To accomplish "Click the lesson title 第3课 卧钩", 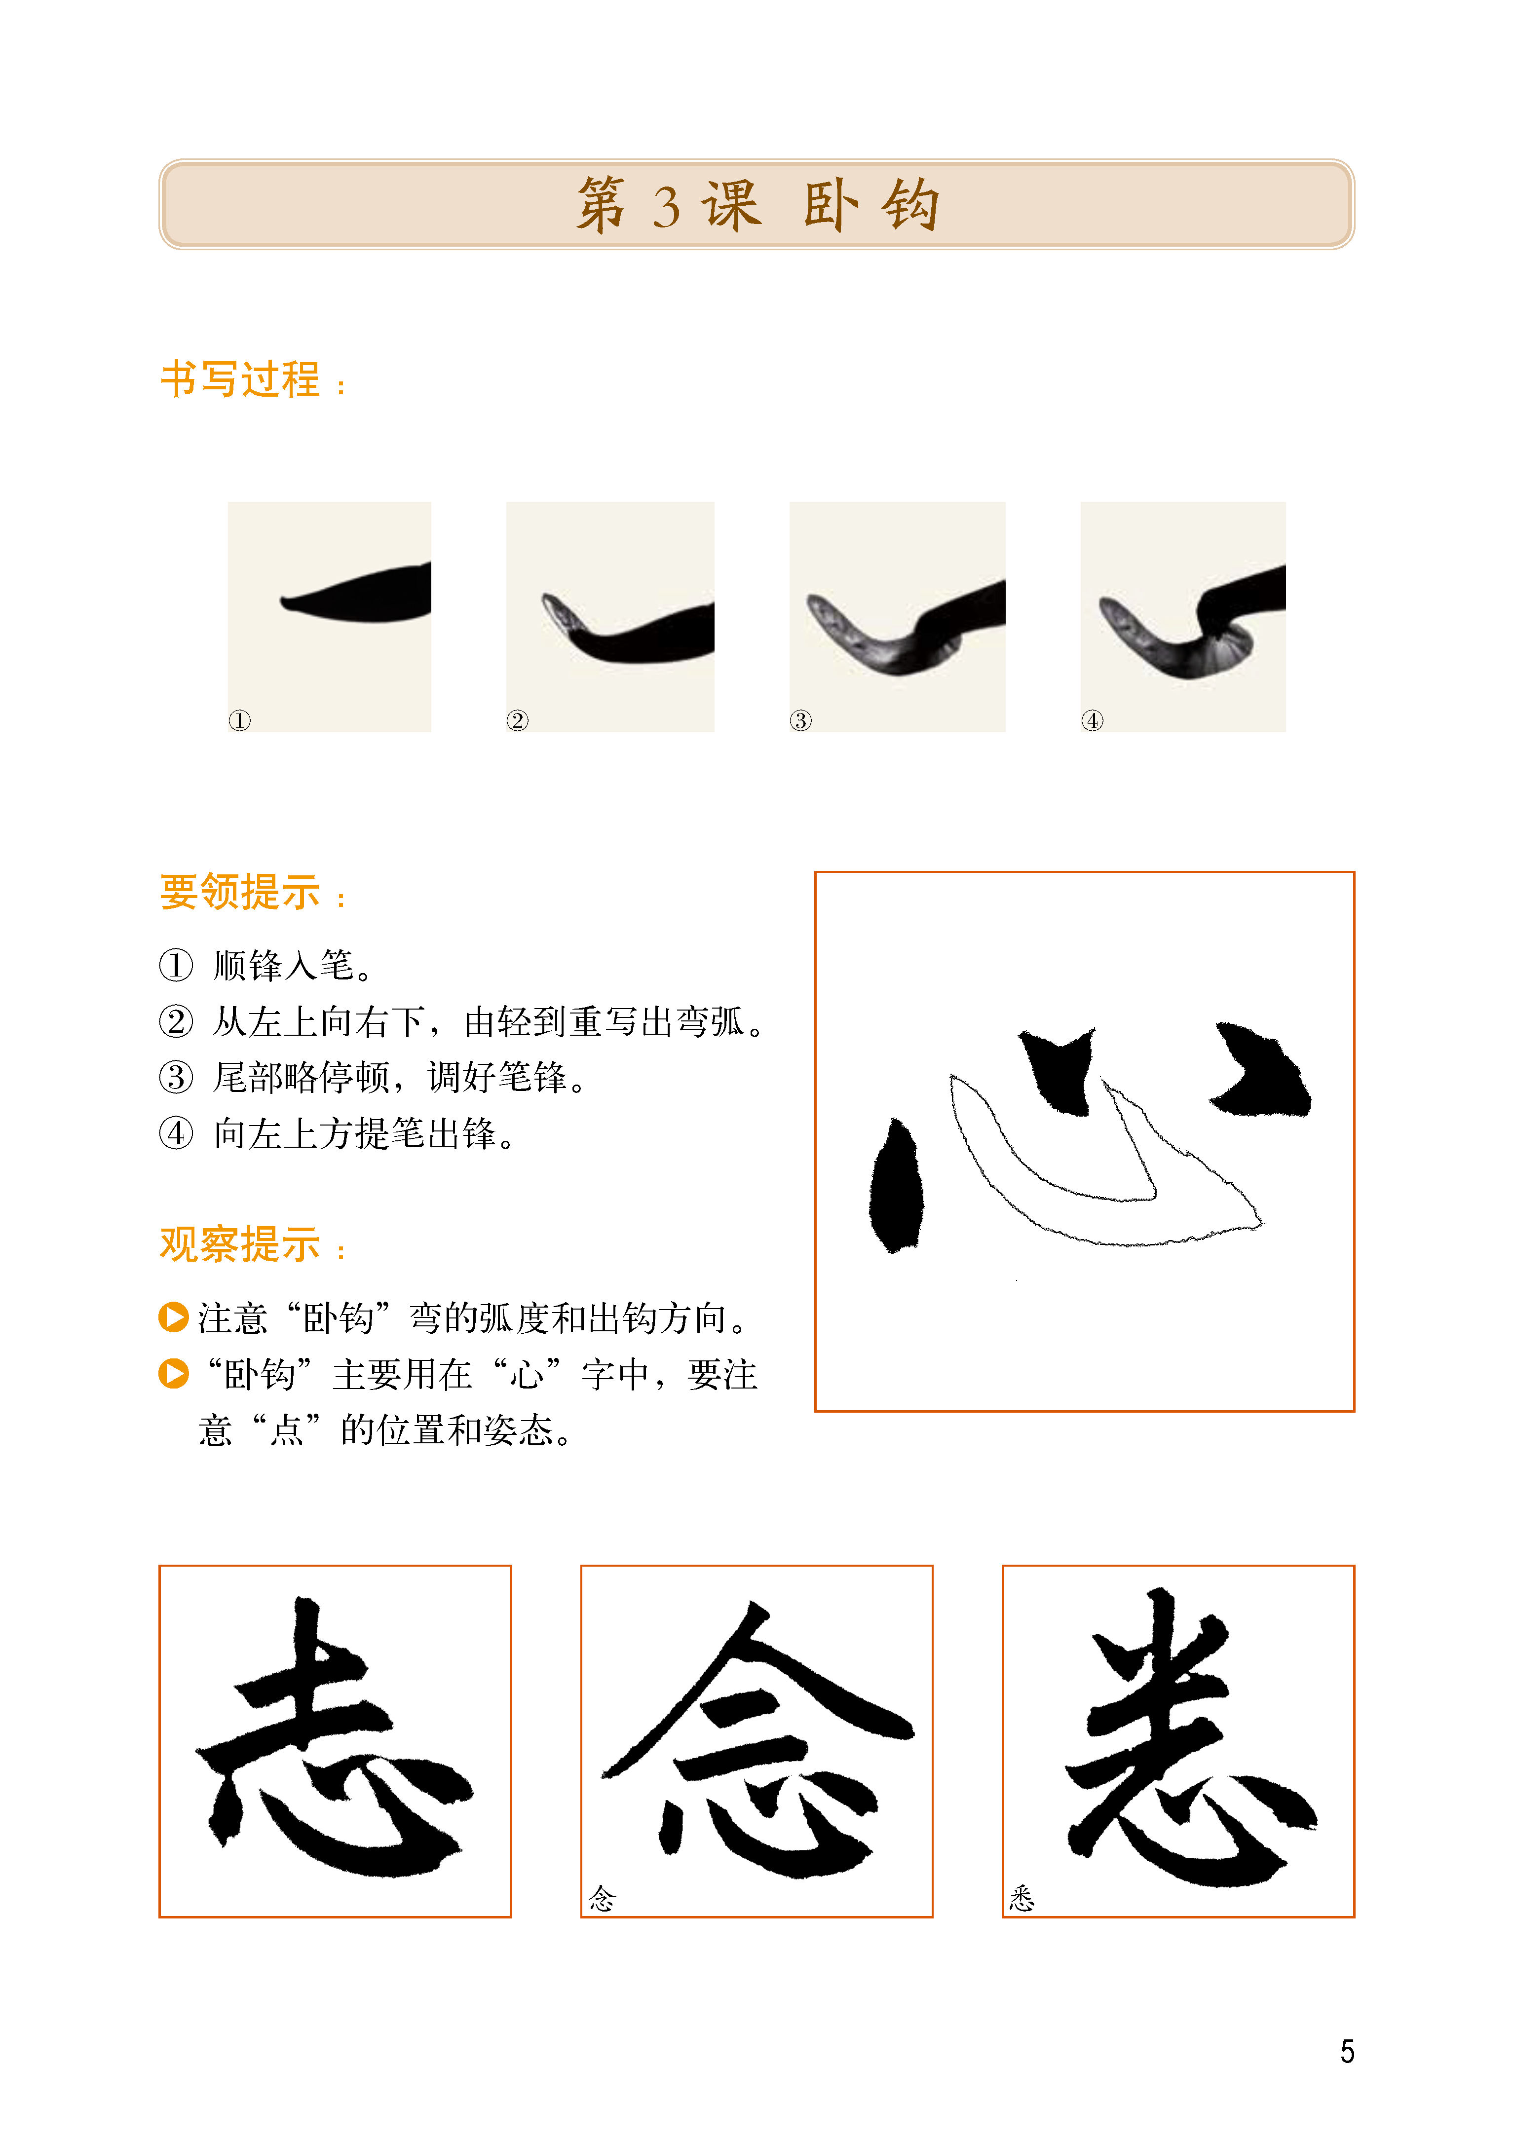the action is (757, 204).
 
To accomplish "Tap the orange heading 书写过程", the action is (241, 379).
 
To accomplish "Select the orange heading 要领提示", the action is (241, 893).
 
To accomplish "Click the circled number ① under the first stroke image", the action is (240, 720).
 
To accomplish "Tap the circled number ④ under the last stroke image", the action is (1093, 720).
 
